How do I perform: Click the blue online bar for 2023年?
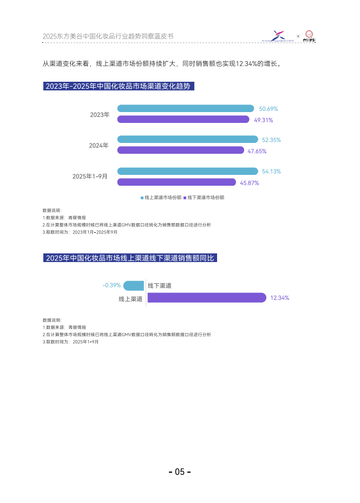[185, 108]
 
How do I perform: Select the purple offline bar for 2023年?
[183, 120]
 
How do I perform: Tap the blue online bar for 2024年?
[187, 139]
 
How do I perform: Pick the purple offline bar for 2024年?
[181, 151]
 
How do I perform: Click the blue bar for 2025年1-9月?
[187, 171]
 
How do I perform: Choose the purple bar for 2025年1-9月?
[176, 182]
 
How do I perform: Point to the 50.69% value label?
[269, 109]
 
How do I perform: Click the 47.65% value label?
[257, 152]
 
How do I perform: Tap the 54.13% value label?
[271, 172]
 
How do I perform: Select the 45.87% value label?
[249, 183]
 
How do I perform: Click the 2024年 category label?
[99, 146]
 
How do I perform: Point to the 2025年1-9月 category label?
[90, 177]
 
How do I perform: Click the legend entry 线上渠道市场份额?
[161, 198]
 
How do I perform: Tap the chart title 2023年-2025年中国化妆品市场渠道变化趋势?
[119, 87]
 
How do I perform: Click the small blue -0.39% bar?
[134, 286]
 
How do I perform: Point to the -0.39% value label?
[112, 285]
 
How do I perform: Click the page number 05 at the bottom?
[180, 472]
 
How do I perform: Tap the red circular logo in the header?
[310, 36]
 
